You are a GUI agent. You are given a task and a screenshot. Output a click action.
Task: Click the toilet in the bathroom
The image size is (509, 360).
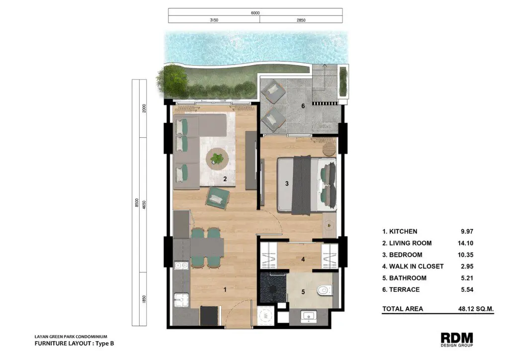tap(325, 289)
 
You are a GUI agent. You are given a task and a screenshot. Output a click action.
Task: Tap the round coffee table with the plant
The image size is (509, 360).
tap(217, 159)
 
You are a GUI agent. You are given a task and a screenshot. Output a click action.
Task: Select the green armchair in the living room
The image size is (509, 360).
tap(218, 197)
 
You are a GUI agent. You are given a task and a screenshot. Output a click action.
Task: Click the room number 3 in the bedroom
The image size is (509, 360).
tap(287, 184)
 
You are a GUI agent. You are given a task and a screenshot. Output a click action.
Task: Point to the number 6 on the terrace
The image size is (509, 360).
tap(303, 106)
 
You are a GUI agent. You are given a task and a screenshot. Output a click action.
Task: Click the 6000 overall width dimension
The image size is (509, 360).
tap(255, 13)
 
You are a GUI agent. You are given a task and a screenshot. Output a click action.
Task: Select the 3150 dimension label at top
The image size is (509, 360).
tap(214, 20)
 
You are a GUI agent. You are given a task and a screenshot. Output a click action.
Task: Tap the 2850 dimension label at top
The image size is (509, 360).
tap(301, 20)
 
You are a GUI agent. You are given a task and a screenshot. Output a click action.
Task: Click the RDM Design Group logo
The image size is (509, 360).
tap(457, 339)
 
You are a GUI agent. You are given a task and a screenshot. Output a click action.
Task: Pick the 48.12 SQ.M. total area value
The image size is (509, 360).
tap(476, 309)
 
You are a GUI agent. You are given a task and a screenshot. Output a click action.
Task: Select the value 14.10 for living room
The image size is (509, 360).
tap(465, 243)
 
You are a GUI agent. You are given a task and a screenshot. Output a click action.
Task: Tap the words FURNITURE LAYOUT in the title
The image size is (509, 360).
tap(62, 344)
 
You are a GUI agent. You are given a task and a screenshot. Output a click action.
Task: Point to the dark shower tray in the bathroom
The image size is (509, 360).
tap(273, 287)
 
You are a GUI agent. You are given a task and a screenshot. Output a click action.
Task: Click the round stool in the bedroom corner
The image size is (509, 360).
tap(329, 149)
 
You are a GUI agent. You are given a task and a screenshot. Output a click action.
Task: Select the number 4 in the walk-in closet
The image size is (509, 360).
tap(303, 260)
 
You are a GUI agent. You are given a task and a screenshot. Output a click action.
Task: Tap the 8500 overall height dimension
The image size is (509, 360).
tap(137, 202)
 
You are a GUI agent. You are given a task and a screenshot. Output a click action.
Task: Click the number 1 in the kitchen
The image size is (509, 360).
tap(225, 289)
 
